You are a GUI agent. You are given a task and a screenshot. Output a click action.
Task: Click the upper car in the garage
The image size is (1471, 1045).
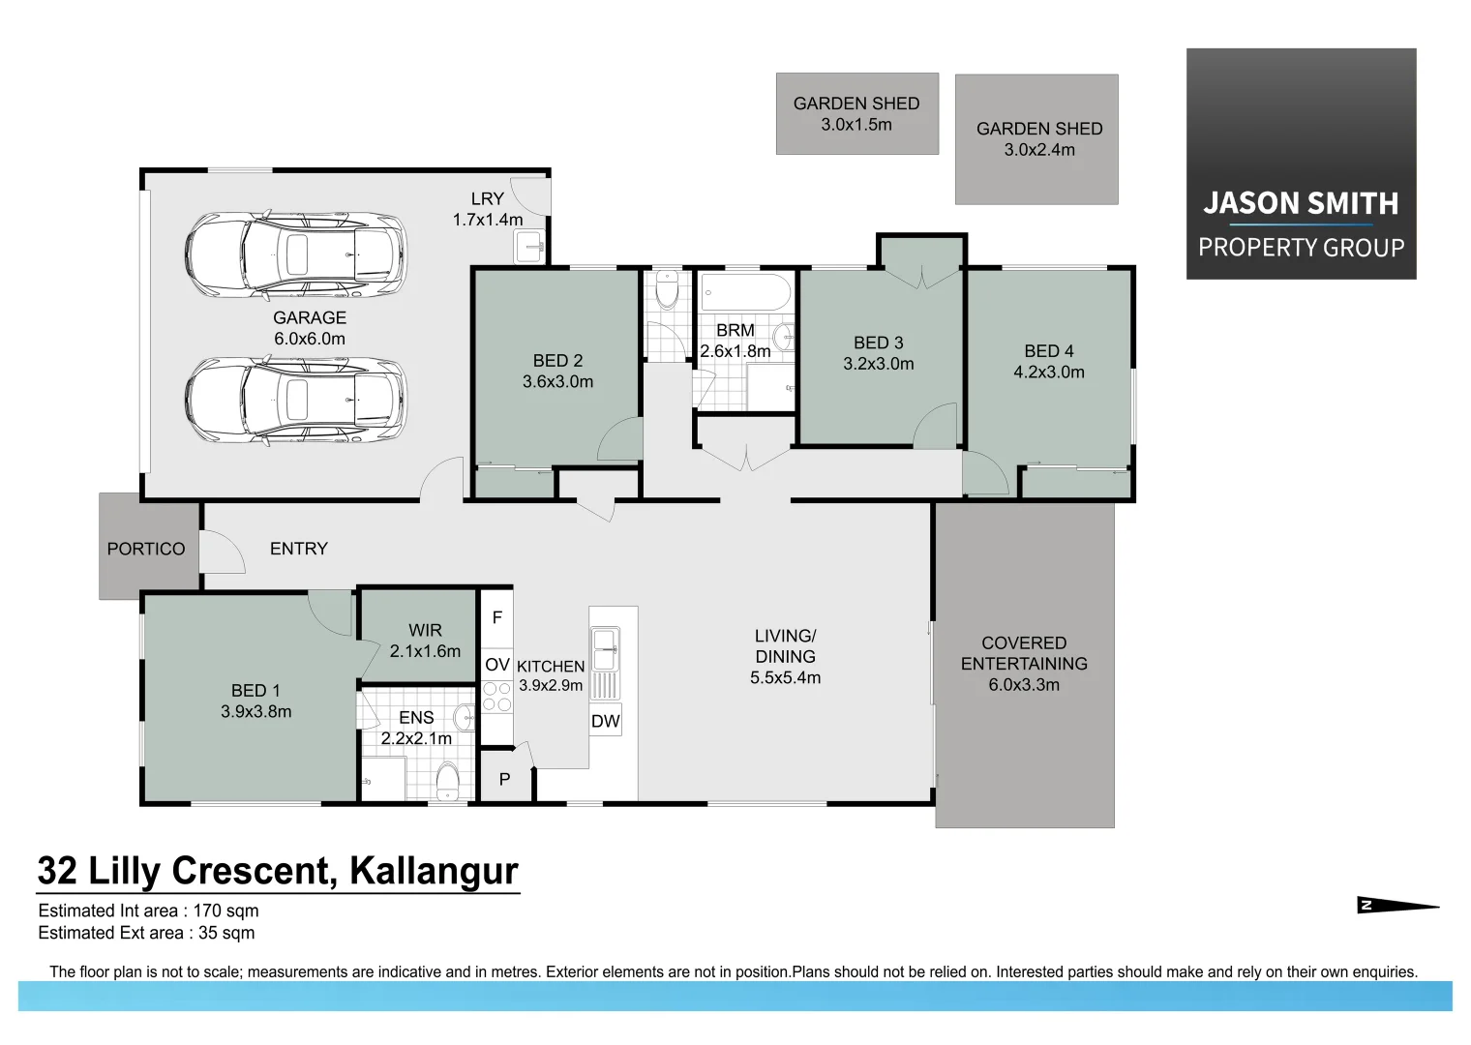[x=295, y=254]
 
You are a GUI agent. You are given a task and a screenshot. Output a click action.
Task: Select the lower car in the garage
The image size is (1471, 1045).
[x=295, y=401]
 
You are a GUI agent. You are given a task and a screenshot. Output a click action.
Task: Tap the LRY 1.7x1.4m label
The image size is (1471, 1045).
[x=488, y=209]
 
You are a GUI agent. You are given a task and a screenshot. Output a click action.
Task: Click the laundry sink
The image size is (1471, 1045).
[x=530, y=247]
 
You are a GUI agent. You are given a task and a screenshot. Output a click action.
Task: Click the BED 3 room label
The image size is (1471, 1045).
[x=879, y=353]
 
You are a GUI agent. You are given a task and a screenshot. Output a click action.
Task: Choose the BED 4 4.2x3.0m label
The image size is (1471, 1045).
[x=1049, y=361]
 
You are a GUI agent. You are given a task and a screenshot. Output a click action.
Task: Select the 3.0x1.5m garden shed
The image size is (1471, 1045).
[x=856, y=113]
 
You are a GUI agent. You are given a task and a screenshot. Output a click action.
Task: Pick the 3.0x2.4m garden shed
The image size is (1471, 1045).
[x=1037, y=139]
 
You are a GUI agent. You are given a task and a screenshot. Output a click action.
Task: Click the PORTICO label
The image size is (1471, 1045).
[x=146, y=549]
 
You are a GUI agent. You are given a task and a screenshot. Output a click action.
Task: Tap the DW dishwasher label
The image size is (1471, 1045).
[x=606, y=721]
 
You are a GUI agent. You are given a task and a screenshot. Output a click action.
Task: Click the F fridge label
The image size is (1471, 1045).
[x=497, y=617]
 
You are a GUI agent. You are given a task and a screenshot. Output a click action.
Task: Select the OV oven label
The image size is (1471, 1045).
[x=497, y=665]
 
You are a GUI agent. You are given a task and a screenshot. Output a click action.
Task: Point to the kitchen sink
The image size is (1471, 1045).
[x=605, y=649]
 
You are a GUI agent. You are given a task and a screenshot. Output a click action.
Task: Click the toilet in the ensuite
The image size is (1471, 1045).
[x=447, y=782]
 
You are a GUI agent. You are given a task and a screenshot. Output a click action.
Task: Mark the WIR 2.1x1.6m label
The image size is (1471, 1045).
[x=425, y=641]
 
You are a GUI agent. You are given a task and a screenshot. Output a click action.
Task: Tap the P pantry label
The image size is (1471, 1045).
[x=504, y=779]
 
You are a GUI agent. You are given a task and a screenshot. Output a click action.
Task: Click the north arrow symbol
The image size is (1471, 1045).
[x=1397, y=906]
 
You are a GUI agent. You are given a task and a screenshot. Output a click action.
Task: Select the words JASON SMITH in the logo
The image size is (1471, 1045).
[x=1301, y=203]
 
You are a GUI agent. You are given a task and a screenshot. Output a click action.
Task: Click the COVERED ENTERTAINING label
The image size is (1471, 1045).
[x=1024, y=664]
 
